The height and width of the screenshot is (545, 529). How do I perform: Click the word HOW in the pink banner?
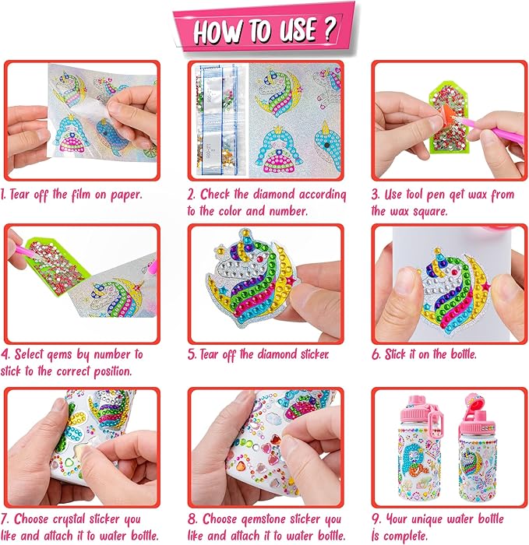(217, 32)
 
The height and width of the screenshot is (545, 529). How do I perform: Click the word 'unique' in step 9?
(427, 519)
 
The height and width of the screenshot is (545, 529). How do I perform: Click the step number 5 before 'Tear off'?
(192, 354)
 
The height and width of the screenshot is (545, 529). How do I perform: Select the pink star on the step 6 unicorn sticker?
(486, 287)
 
